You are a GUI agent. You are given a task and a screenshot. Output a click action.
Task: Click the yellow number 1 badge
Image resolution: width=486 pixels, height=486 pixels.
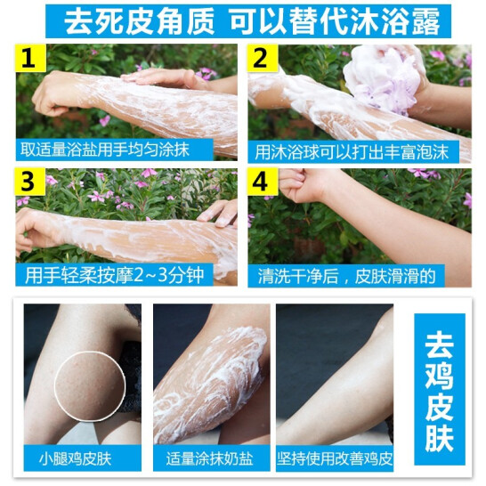coord(29,61)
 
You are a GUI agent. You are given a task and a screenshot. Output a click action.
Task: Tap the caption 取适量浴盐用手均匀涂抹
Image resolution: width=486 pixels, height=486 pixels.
coord(105,150)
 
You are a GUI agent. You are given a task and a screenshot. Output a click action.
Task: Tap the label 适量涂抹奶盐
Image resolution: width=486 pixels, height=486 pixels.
coord(210,460)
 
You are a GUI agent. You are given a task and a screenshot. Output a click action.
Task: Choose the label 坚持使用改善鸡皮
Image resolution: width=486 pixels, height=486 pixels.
coord(335,460)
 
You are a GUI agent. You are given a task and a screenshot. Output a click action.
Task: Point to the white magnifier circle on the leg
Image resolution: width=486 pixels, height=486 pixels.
coord(85,385)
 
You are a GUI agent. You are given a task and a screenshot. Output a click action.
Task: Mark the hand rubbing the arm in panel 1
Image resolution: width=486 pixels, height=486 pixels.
coord(165,77)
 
